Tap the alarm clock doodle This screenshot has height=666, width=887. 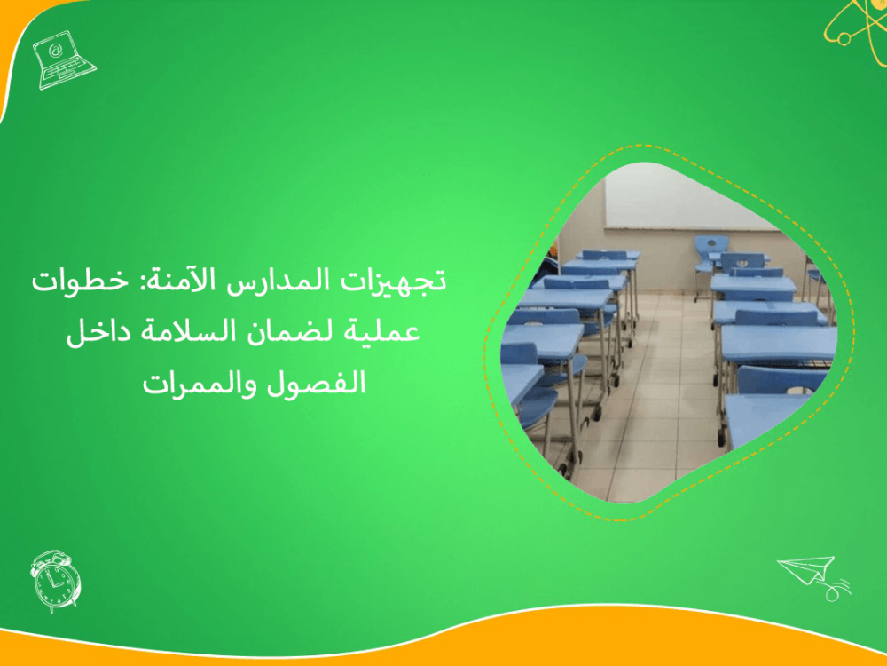click(55, 581)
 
